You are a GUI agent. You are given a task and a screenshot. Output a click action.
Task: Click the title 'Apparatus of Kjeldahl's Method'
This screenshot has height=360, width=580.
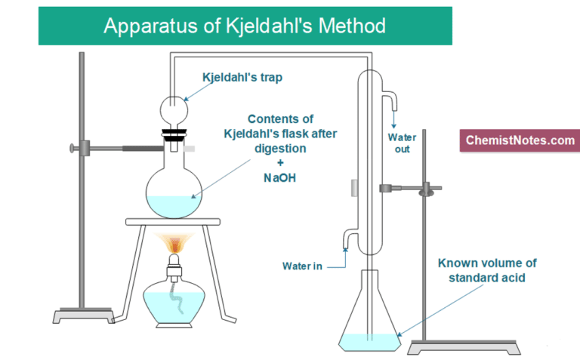click(x=245, y=26)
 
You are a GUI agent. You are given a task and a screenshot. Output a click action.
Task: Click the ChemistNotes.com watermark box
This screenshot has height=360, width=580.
click(x=520, y=140)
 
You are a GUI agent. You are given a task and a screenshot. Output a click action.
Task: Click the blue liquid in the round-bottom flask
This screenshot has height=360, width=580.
click(x=174, y=204)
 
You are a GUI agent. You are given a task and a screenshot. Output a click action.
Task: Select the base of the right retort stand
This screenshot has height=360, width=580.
click(x=437, y=346)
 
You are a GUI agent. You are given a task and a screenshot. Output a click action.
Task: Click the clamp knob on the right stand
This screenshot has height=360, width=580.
click(x=430, y=186)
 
